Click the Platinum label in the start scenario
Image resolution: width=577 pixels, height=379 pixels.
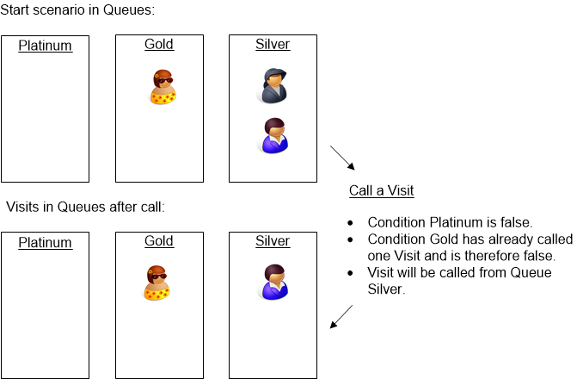[x=45, y=46]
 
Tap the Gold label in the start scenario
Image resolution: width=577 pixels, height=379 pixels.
[x=159, y=44]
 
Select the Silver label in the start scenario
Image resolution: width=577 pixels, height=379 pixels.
[x=273, y=44]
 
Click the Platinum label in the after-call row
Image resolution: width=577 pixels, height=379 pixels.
[x=45, y=242]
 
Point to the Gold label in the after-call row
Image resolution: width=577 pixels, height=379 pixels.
[x=159, y=241]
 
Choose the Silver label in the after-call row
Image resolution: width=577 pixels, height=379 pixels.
[x=273, y=241]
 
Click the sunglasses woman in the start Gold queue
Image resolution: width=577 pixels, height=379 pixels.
[x=162, y=86]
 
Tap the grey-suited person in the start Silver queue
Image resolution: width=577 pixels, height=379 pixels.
[x=274, y=86]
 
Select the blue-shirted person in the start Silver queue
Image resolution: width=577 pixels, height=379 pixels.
[x=274, y=135]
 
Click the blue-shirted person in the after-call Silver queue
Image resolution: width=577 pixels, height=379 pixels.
[x=274, y=282]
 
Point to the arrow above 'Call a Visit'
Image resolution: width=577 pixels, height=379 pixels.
[x=342, y=158]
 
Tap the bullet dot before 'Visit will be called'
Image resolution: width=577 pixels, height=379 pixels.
[x=352, y=273]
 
